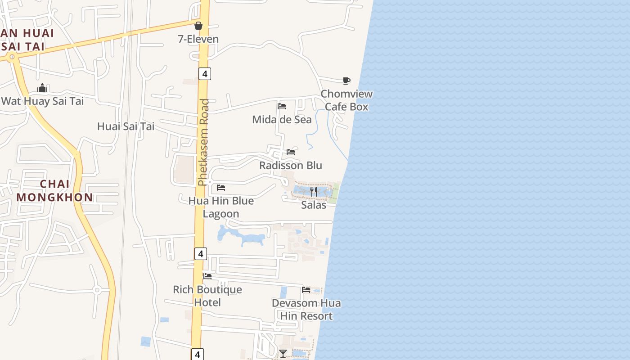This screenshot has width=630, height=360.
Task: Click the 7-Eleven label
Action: click(x=198, y=39)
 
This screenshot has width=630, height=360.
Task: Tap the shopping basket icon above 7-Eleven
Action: click(x=198, y=26)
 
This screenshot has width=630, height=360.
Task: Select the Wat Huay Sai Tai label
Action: click(x=42, y=101)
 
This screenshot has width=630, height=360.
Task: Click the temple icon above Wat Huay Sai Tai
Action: click(x=42, y=88)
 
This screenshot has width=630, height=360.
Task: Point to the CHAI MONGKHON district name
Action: click(x=54, y=190)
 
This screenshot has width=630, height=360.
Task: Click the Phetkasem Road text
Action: click(x=204, y=142)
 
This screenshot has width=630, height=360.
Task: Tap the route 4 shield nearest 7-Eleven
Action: click(x=204, y=74)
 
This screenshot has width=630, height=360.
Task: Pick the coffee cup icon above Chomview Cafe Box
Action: click(x=346, y=81)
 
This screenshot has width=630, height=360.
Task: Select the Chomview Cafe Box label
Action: click(x=346, y=100)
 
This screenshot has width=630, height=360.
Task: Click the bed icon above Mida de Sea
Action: click(x=282, y=106)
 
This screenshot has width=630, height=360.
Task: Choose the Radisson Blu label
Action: click(x=291, y=165)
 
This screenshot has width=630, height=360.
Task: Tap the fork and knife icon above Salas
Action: click(x=314, y=192)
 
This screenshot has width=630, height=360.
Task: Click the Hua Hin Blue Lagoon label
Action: click(x=221, y=207)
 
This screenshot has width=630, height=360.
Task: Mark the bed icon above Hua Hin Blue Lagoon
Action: click(x=221, y=187)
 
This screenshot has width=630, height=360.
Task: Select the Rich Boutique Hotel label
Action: click(x=207, y=296)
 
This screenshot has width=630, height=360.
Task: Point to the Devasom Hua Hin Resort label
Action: click(x=306, y=310)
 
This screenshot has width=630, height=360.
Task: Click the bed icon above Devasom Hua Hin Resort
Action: click(x=306, y=290)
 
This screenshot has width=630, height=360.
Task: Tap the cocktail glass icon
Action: click(x=283, y=354)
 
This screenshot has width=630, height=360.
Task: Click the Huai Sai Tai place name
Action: click(x=126, y=126)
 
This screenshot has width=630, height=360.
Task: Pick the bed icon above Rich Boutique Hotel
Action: click(x=207, y=276)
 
